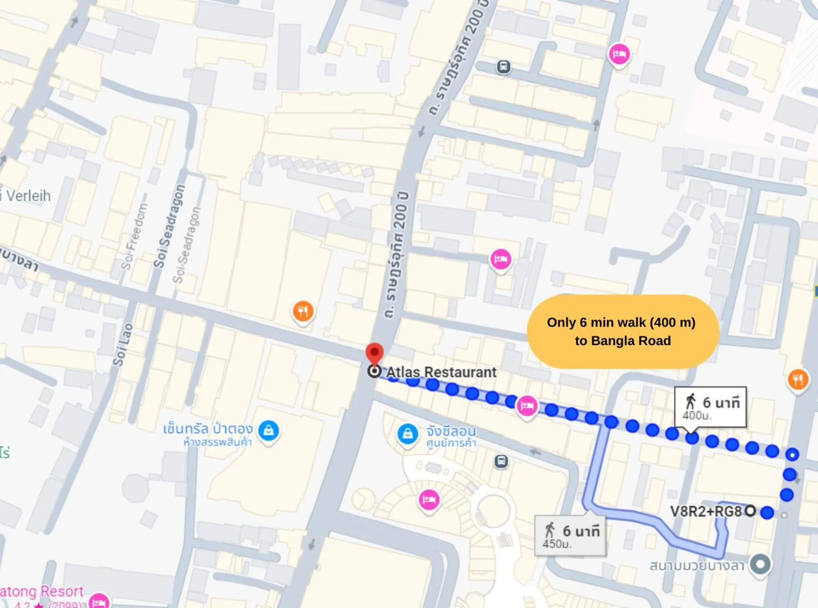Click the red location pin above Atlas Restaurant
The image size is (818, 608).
point(375,353)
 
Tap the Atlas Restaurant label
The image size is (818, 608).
point(441,372)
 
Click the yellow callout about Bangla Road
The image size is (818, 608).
point(623,332)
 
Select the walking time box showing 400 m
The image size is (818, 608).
point(710,407)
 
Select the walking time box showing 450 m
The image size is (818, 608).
point(570,535)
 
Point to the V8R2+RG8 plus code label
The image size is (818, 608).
point(706,511)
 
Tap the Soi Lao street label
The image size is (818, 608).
point(122,344)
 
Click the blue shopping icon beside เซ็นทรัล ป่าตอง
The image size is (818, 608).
point(269,431)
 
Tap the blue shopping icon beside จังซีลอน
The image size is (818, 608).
point(408,434)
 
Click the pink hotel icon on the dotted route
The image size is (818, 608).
point(527,406)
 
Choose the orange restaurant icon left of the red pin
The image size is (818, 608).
point(303,311)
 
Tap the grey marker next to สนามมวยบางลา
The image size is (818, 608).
point(760,564)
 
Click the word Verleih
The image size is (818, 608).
point(28,196)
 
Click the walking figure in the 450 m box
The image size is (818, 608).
point(550,530)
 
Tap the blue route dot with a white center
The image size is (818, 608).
point(793,455)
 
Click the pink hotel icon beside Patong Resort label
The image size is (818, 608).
point(99,601)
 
